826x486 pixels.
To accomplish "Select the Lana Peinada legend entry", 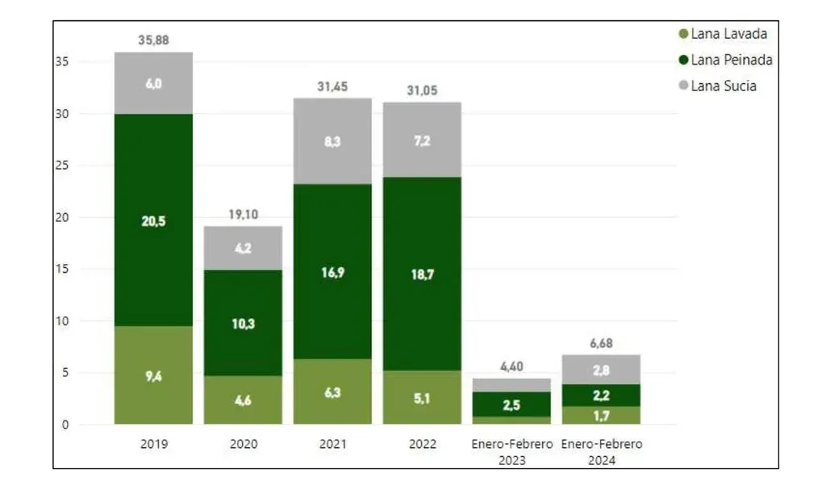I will tap(725, 60).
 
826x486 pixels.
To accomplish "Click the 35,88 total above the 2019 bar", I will tap(154, 40).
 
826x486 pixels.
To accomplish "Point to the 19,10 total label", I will tap(243, 215).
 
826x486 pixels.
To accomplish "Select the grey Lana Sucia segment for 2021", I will tap(332, 141).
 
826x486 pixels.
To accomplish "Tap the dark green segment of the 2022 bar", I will tap(422, 274).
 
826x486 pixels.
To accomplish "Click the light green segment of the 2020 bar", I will tap(243, 400).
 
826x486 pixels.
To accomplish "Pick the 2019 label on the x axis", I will tap(153, 445).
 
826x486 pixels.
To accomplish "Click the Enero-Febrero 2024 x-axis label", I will tap(602, 452).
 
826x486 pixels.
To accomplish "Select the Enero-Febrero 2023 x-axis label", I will tap(512, 452).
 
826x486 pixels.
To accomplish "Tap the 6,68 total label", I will tap(601, 344).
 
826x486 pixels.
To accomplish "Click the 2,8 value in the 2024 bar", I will tap(601, 370).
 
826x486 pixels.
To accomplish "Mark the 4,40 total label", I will tap(512, 367).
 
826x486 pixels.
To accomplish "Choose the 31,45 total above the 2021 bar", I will tap(332, 86).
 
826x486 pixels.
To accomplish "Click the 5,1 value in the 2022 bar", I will tap(422, 398).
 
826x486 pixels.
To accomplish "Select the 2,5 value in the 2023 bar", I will tap(512, 404).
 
